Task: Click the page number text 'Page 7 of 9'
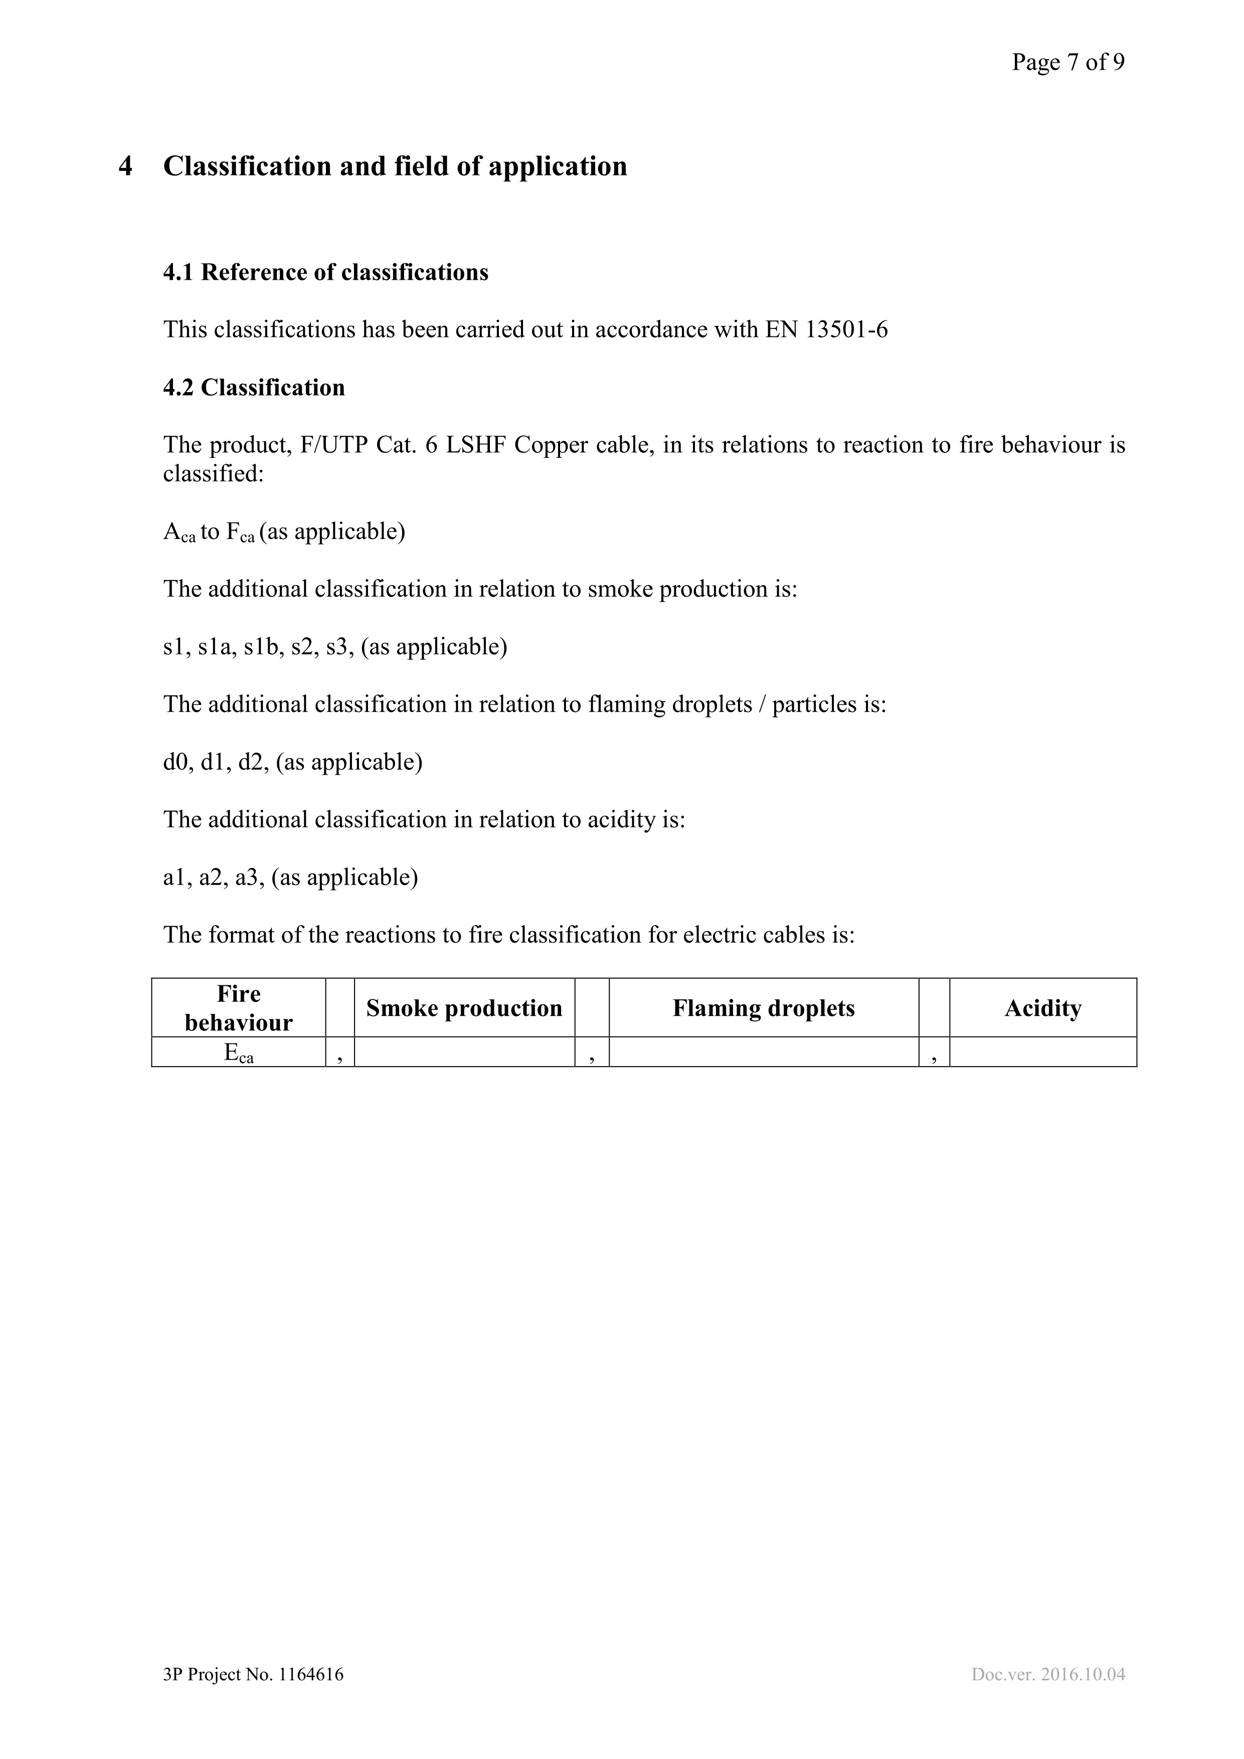point(1068,62)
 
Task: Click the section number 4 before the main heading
point(126,166)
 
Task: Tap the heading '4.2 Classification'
point(254,388)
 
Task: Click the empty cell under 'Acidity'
point(1042,1052)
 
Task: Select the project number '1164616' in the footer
point(311,1675)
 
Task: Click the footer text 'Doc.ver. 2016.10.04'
point(1048,1675)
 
